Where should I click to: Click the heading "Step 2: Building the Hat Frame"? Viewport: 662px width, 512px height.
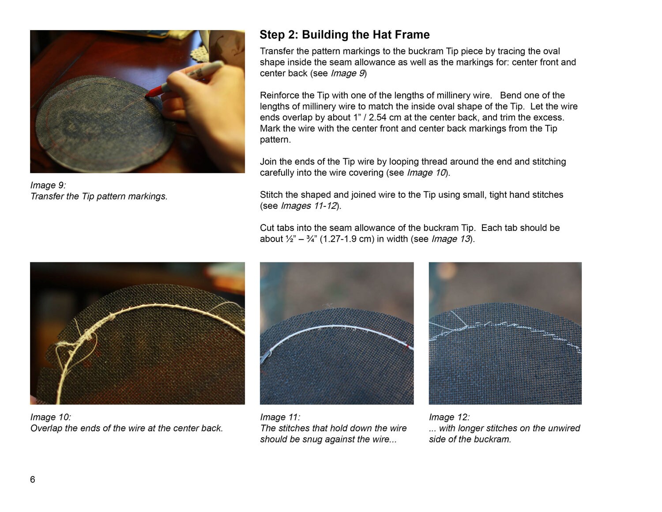344,35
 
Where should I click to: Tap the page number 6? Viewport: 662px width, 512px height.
33,479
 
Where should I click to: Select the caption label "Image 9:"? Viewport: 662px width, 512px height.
48,185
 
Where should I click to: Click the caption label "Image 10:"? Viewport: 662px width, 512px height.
50,417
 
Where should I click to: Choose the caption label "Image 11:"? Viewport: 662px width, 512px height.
280,417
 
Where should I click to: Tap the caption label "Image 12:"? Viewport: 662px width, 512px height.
449,417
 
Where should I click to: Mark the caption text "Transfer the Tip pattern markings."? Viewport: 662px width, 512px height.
99,196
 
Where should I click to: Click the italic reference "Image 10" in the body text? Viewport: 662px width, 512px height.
426,173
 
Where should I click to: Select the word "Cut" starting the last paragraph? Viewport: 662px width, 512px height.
267,228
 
